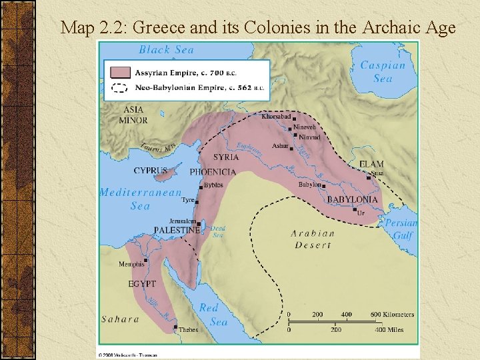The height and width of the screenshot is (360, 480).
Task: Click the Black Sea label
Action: [x=166, y=50]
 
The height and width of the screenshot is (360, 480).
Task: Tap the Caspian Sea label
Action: [x=382, y=72]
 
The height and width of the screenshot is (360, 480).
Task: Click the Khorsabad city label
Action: [x=275, y=116]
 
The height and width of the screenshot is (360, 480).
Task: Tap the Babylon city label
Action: [x=309, y=185]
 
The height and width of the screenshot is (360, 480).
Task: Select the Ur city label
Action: [x=361, y=213]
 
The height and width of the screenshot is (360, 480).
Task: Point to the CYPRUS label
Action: [x=150, y=171]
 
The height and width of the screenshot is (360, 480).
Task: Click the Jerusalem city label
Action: [x=183, y=221]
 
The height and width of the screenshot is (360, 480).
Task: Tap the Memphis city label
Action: [x=131, y=264]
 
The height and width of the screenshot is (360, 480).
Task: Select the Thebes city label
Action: [x=188, y=329]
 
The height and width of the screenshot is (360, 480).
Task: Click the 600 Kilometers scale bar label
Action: [x=393, y=315]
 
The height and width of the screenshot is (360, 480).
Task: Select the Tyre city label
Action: [x=187, y=200]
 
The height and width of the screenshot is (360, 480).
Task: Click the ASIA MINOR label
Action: [x=133, y=115]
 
